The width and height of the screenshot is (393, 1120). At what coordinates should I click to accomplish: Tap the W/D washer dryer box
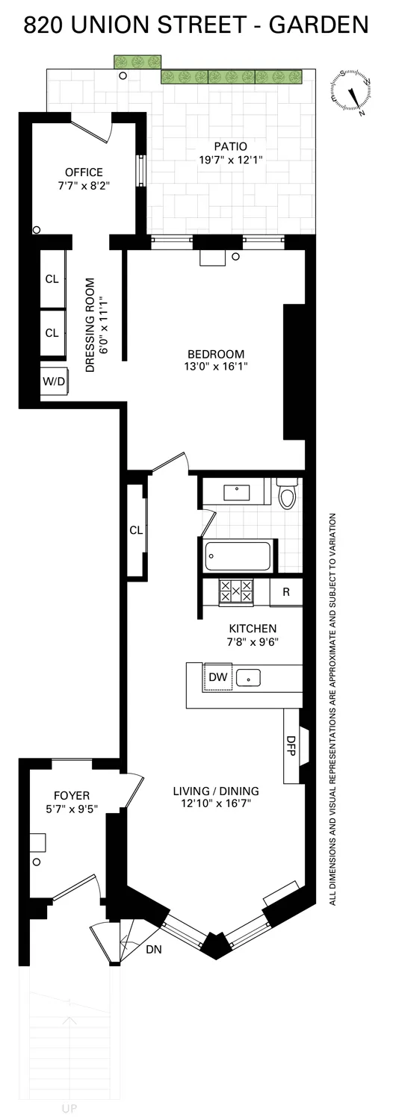(53, 381)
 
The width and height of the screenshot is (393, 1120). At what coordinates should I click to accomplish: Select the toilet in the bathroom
(287, 494)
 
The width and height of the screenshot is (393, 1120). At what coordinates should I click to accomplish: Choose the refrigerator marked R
(285, 591)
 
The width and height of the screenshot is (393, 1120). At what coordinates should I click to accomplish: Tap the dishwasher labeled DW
(218, 676)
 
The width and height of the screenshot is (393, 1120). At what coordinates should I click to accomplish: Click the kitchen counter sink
(248, 678)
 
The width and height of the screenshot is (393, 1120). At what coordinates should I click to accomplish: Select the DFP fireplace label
(291, 746)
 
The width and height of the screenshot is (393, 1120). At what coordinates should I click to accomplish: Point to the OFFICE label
(84, 172)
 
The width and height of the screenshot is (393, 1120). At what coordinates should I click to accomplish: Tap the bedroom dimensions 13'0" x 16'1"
(217, 367)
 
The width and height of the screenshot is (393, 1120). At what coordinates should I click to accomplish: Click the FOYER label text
(71, 794)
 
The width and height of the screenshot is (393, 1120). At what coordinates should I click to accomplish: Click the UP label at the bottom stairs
(68, 1109)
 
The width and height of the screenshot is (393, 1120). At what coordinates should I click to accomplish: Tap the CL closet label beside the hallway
(136, 530)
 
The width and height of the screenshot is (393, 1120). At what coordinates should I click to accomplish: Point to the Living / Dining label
(216, 791)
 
